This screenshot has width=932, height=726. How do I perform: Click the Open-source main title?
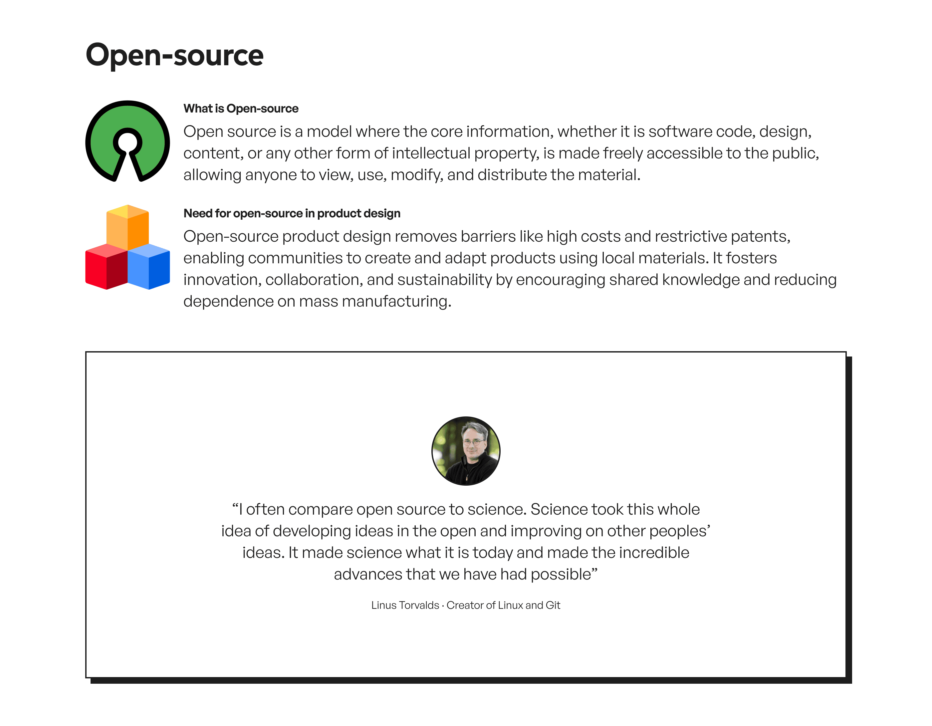174,56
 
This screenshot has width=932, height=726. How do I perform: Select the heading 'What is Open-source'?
241,109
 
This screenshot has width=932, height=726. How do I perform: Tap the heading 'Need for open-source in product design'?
292,213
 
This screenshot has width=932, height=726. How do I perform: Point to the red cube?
106,267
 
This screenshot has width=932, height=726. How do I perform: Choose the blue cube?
149,267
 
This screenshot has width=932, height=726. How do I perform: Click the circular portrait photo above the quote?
466,451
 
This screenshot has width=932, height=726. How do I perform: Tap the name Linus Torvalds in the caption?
405,605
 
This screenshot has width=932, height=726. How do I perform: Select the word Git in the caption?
553,605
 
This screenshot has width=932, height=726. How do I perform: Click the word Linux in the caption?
511,605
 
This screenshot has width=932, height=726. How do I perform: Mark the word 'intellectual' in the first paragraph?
431,153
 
